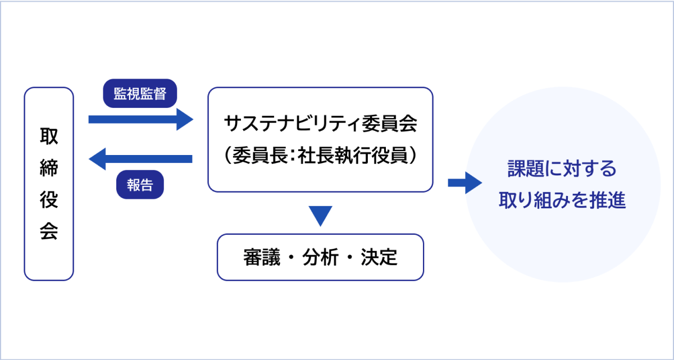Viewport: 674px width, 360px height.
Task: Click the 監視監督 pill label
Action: [140, 93]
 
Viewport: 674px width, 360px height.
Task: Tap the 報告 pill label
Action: [140, 184]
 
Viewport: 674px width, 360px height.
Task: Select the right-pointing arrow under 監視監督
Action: [141, 120]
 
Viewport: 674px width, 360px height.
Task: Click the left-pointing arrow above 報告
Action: [140, 159]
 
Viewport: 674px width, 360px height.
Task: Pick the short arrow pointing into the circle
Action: [465, 183]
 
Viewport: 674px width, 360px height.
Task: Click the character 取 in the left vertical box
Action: [49, 136]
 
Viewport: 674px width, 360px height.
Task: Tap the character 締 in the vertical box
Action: [49, 168]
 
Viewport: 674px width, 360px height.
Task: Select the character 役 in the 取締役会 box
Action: [49, 199]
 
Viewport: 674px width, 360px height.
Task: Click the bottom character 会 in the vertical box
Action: [49, 231]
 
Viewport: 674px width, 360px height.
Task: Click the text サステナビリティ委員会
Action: [321, 124]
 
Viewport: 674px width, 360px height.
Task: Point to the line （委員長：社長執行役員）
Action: [321, 155]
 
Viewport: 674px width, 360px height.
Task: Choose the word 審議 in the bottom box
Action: [262, 257]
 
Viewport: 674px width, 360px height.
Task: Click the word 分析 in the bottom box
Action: [321, 257]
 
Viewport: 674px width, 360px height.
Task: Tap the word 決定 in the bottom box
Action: [379, 257]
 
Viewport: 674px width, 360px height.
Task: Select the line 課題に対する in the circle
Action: [562, 168]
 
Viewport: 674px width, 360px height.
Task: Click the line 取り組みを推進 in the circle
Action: [562, 200]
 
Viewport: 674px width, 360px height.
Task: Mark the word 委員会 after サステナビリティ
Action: [390, 124]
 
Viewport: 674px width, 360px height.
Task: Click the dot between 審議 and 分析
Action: [291, 258]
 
